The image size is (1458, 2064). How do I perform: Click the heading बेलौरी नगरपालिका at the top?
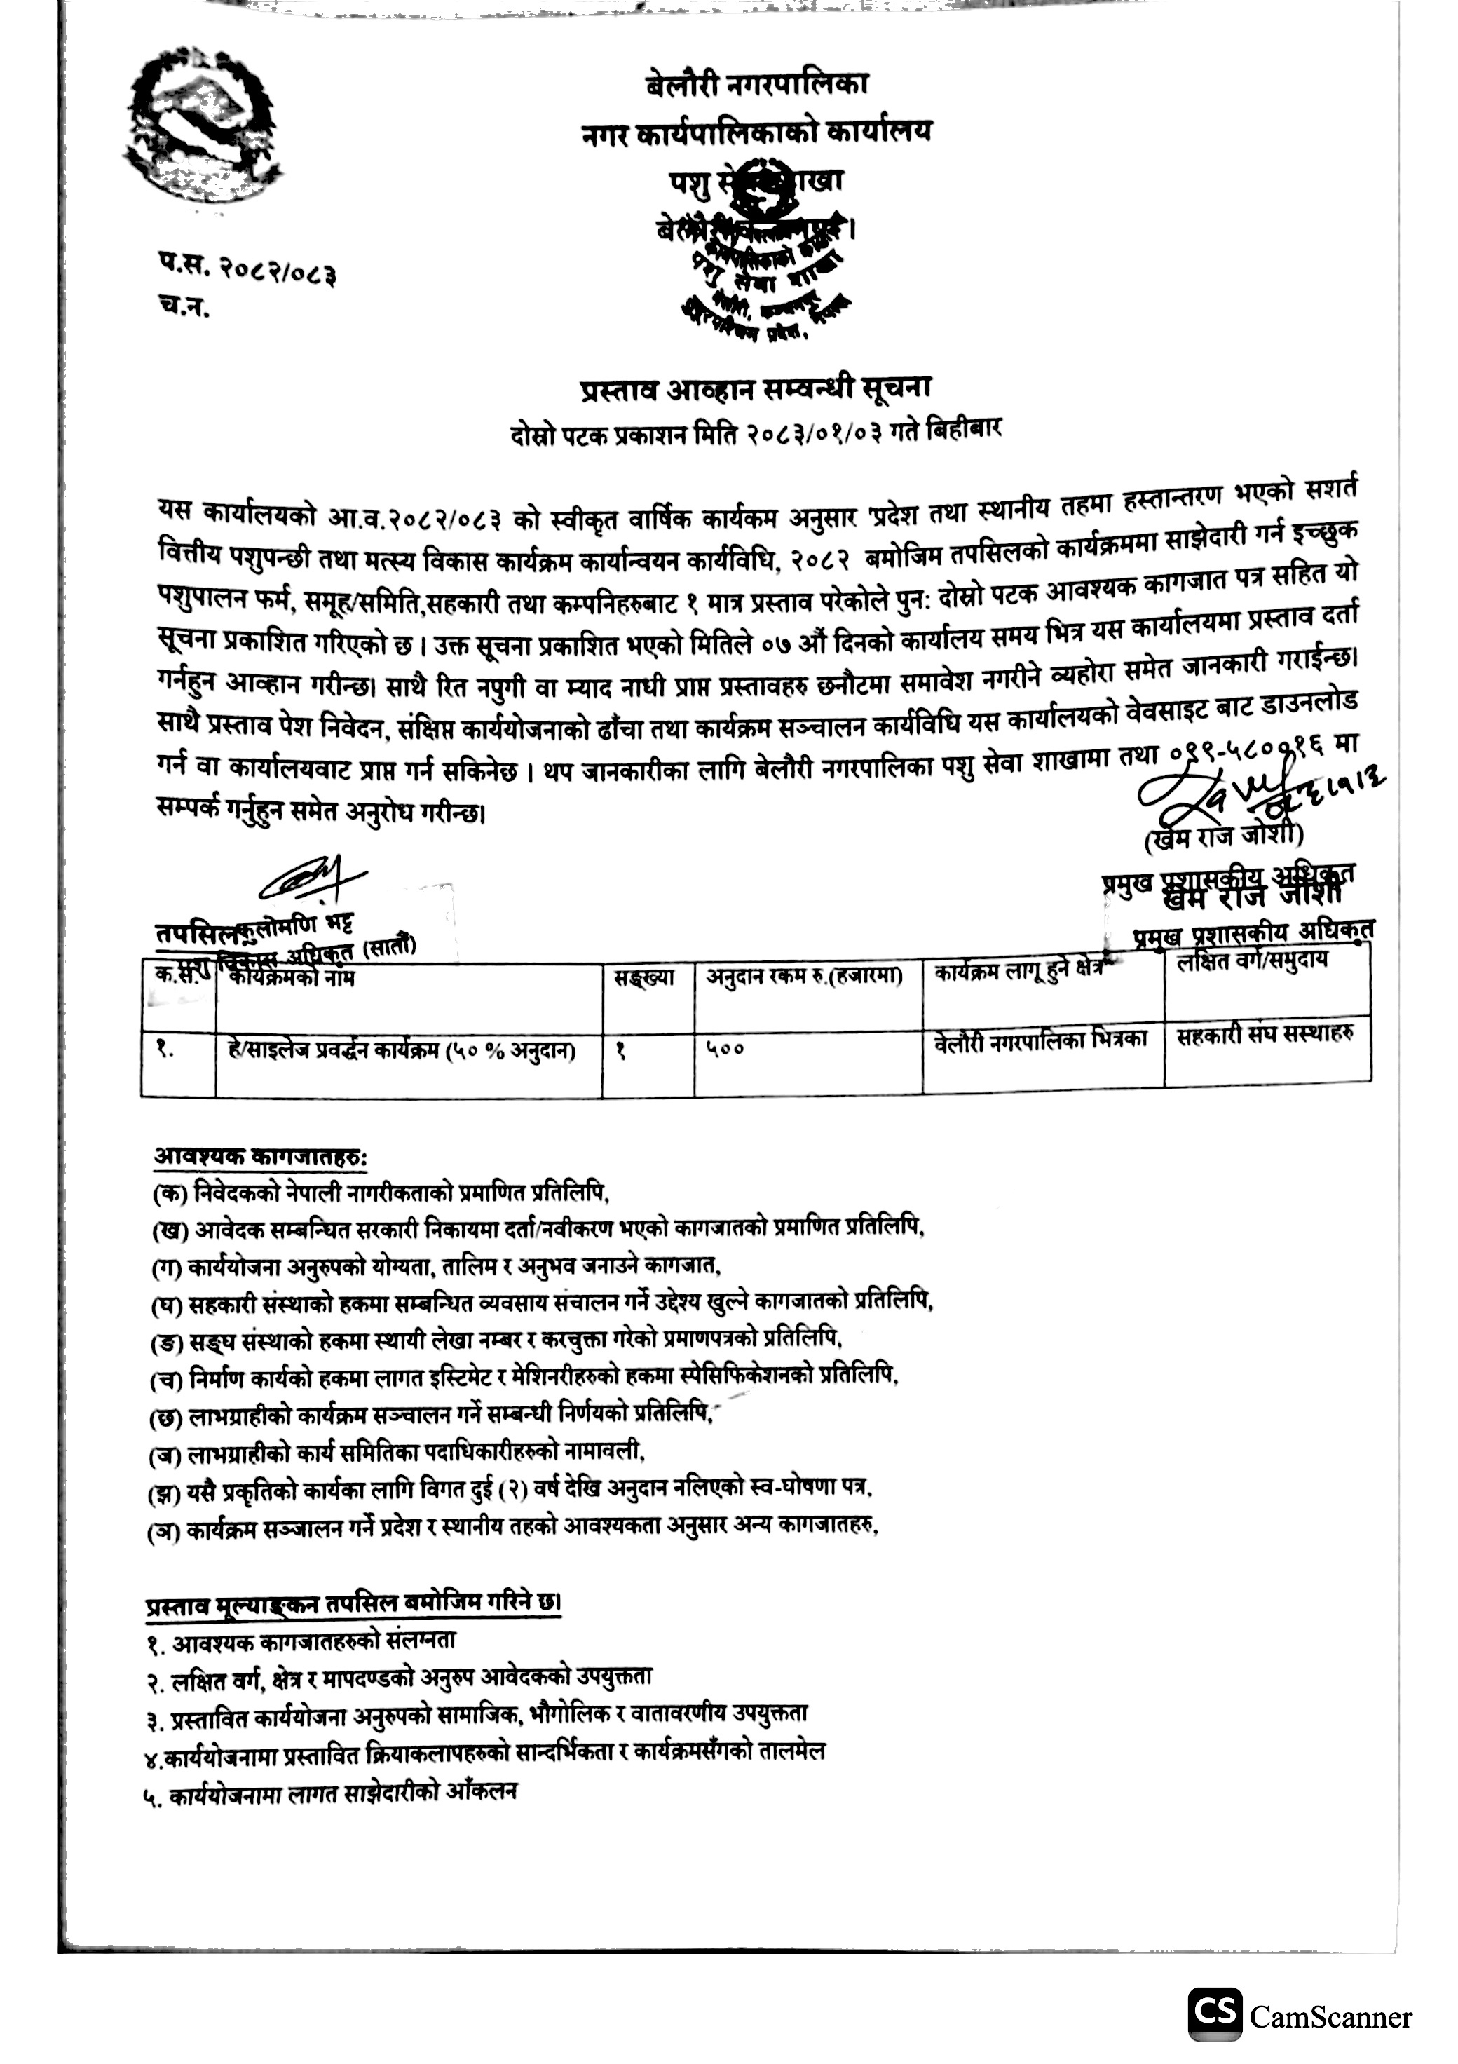click(757, 86)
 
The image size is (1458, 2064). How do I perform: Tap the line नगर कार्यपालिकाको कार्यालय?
click(757, 133)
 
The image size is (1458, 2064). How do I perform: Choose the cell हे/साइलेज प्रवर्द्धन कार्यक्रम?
click(401, 1049)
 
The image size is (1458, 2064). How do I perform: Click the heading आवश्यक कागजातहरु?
click(261, 1155)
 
